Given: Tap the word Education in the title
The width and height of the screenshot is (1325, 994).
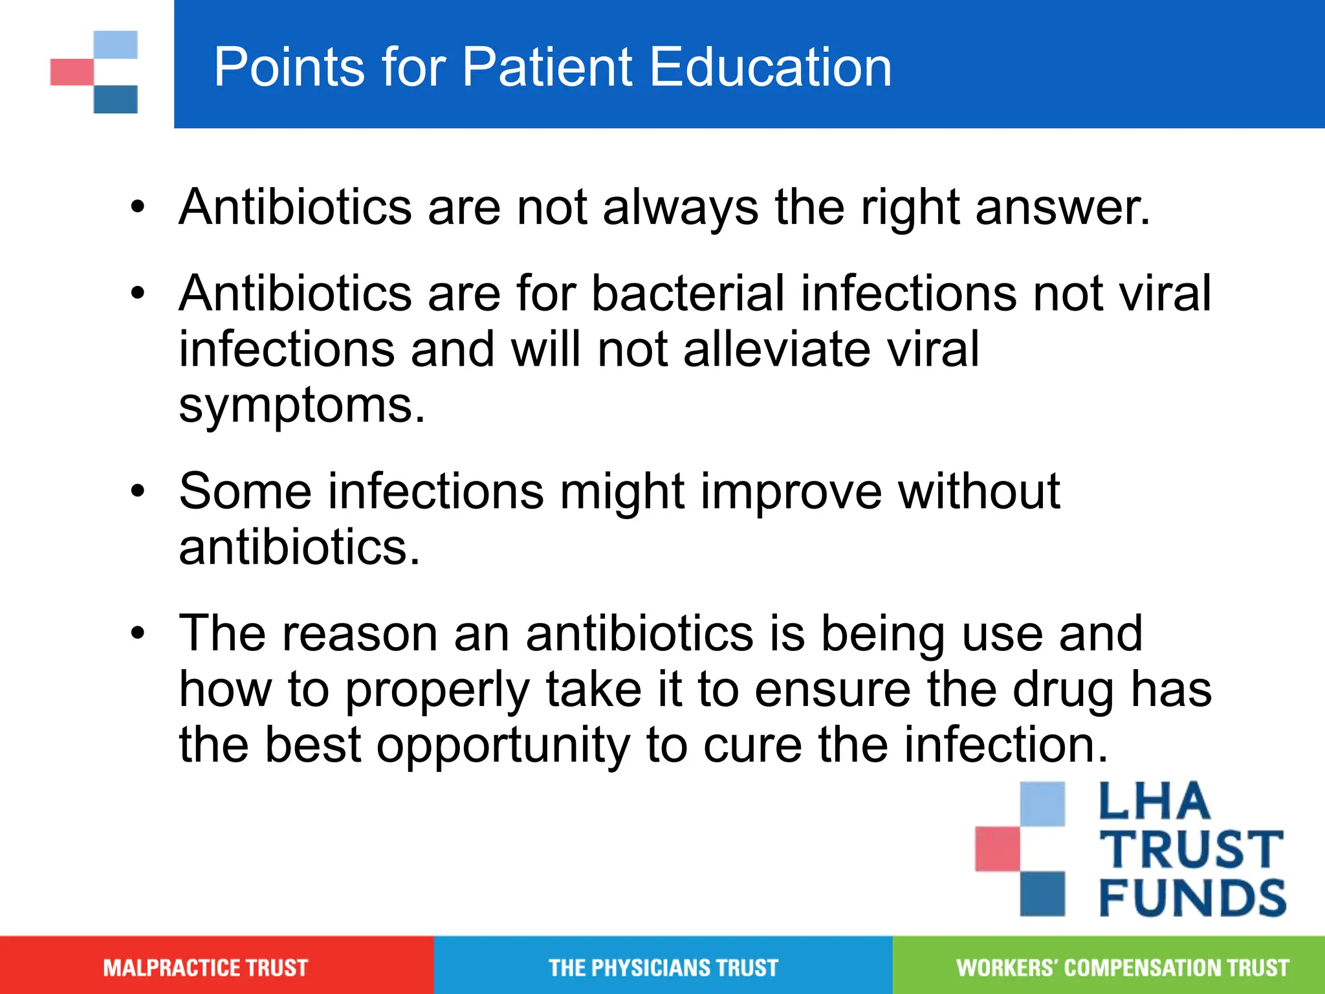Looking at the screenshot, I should (x=770, y=67).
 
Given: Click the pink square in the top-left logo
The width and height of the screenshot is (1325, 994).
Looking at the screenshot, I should (x=72, y=72).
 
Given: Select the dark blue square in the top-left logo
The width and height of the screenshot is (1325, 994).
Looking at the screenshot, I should (x=116, y=100).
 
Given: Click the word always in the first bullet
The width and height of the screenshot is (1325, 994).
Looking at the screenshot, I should (x=681, y=208).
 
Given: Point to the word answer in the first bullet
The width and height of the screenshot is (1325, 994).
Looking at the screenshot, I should (x=1062, y=208).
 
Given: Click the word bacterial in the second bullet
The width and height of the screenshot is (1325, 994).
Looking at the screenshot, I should (x=688, y=293).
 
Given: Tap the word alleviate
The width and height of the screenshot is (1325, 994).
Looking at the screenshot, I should (x=776, y=349).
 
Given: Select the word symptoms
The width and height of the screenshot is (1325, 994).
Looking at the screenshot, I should (x=301, y=406).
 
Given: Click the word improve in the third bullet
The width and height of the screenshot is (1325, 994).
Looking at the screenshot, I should (x=791, y=491).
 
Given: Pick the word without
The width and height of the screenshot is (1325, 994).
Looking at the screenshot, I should (x=979, y=491).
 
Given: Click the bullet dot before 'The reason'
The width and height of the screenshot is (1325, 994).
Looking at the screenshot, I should (x=138, y=632).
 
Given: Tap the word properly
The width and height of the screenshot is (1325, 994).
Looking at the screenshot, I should (x=437, y=690).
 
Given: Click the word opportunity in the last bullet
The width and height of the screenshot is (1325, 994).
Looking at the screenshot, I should (x=503, y=745).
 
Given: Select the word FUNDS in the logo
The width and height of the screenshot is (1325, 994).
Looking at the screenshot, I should (x=1192, y=898).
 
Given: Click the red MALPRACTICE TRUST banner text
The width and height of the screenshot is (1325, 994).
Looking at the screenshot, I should (x=205, y=968).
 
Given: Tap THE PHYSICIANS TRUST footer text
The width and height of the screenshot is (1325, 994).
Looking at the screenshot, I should (x=663, y=968).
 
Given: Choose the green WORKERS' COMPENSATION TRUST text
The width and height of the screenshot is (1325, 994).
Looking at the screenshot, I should (x=1122, y=968).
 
